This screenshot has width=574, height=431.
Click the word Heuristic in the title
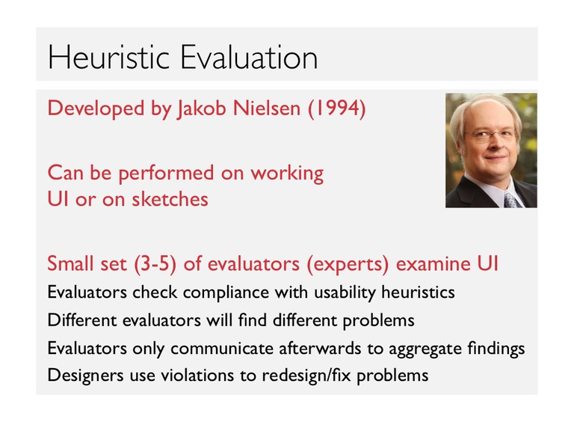[108, 57]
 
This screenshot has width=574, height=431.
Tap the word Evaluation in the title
[249, 57]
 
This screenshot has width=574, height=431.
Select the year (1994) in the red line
[337, 108]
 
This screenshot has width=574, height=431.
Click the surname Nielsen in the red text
[267, 108]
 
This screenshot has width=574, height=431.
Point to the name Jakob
[201, 108]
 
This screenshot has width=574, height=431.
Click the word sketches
[170, 199]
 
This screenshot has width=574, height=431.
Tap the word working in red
[287, 174]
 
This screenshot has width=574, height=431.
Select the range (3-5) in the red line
[155, 264]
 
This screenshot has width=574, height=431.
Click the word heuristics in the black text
[418, 292]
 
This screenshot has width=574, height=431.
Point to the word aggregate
[425, 349]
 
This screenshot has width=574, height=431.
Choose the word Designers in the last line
[85, 376]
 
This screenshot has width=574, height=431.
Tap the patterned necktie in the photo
[510, 200]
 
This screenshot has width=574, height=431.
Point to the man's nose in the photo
[496, 144]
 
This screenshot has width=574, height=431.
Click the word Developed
[96, 108]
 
